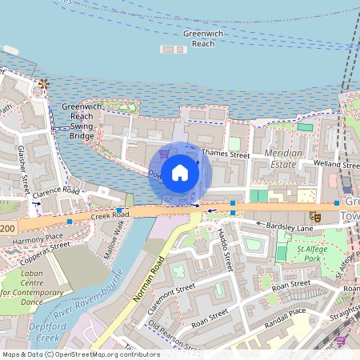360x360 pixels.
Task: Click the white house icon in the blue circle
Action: (180, 173)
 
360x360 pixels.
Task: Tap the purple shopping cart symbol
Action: (164, 152)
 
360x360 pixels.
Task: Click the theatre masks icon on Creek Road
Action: (317, 216)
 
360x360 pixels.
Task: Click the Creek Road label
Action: (110, 216)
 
